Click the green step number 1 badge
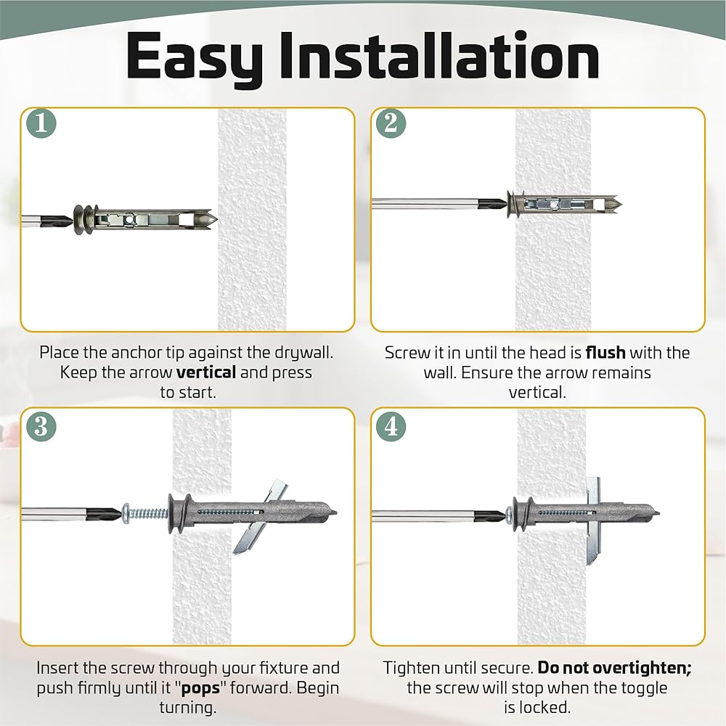pyautogui.click(x=41, y=123)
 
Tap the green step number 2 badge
pyautogui.click(x=391, y=123)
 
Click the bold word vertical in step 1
pyautogui.click(x=206, y=372)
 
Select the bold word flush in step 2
pyautogui.click(x=605, y=352)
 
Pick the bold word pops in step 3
pyautogui.click(x=200, y=688)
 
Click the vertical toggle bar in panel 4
pyautogui.click(x=593, y=521)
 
